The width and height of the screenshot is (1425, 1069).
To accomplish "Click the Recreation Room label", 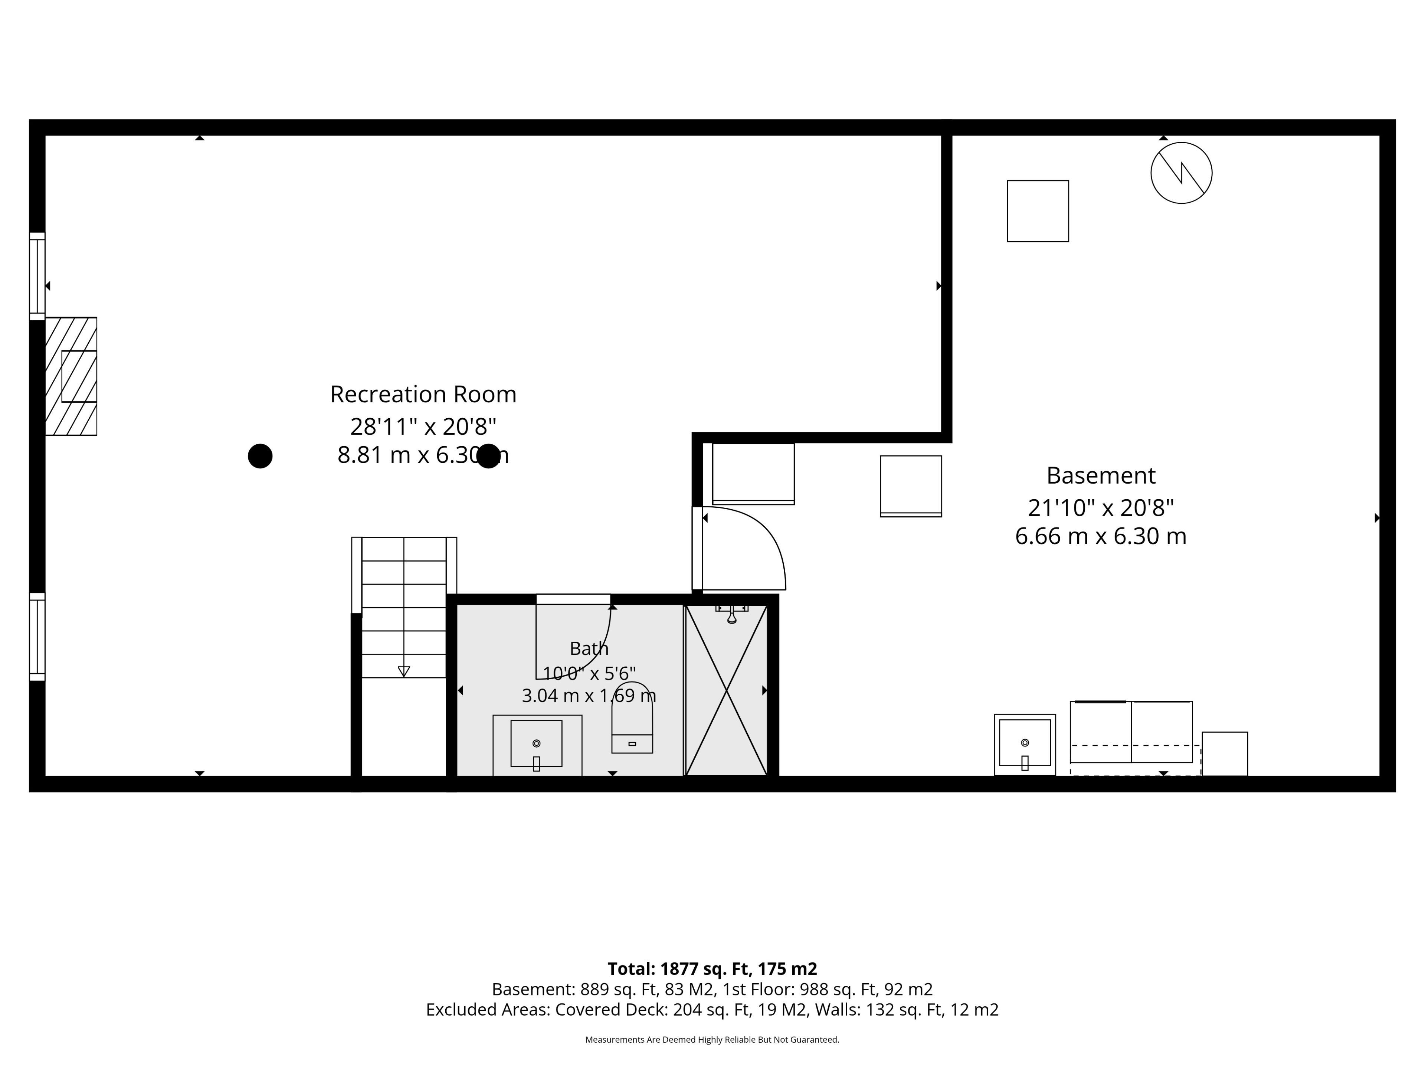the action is (423, 394).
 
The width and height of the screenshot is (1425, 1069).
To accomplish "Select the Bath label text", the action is (589, 648).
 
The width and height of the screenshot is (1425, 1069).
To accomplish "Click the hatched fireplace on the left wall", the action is (71, 376).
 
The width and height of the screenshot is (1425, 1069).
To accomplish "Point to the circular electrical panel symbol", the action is (1182, 173).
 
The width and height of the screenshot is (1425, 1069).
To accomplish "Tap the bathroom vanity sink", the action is (537, 744).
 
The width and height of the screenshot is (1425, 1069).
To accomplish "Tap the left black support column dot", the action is (260, 456).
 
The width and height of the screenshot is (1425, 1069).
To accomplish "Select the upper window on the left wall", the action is (37, 277).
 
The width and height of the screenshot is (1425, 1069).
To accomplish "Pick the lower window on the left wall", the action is (37, 637).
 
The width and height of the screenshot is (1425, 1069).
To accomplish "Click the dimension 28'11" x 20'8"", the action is (423, 426).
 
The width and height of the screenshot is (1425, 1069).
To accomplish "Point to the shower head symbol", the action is (732, 614).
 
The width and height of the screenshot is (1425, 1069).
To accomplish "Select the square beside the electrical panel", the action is (1038, 211).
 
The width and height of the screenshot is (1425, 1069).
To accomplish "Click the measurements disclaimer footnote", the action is (712, 1039).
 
